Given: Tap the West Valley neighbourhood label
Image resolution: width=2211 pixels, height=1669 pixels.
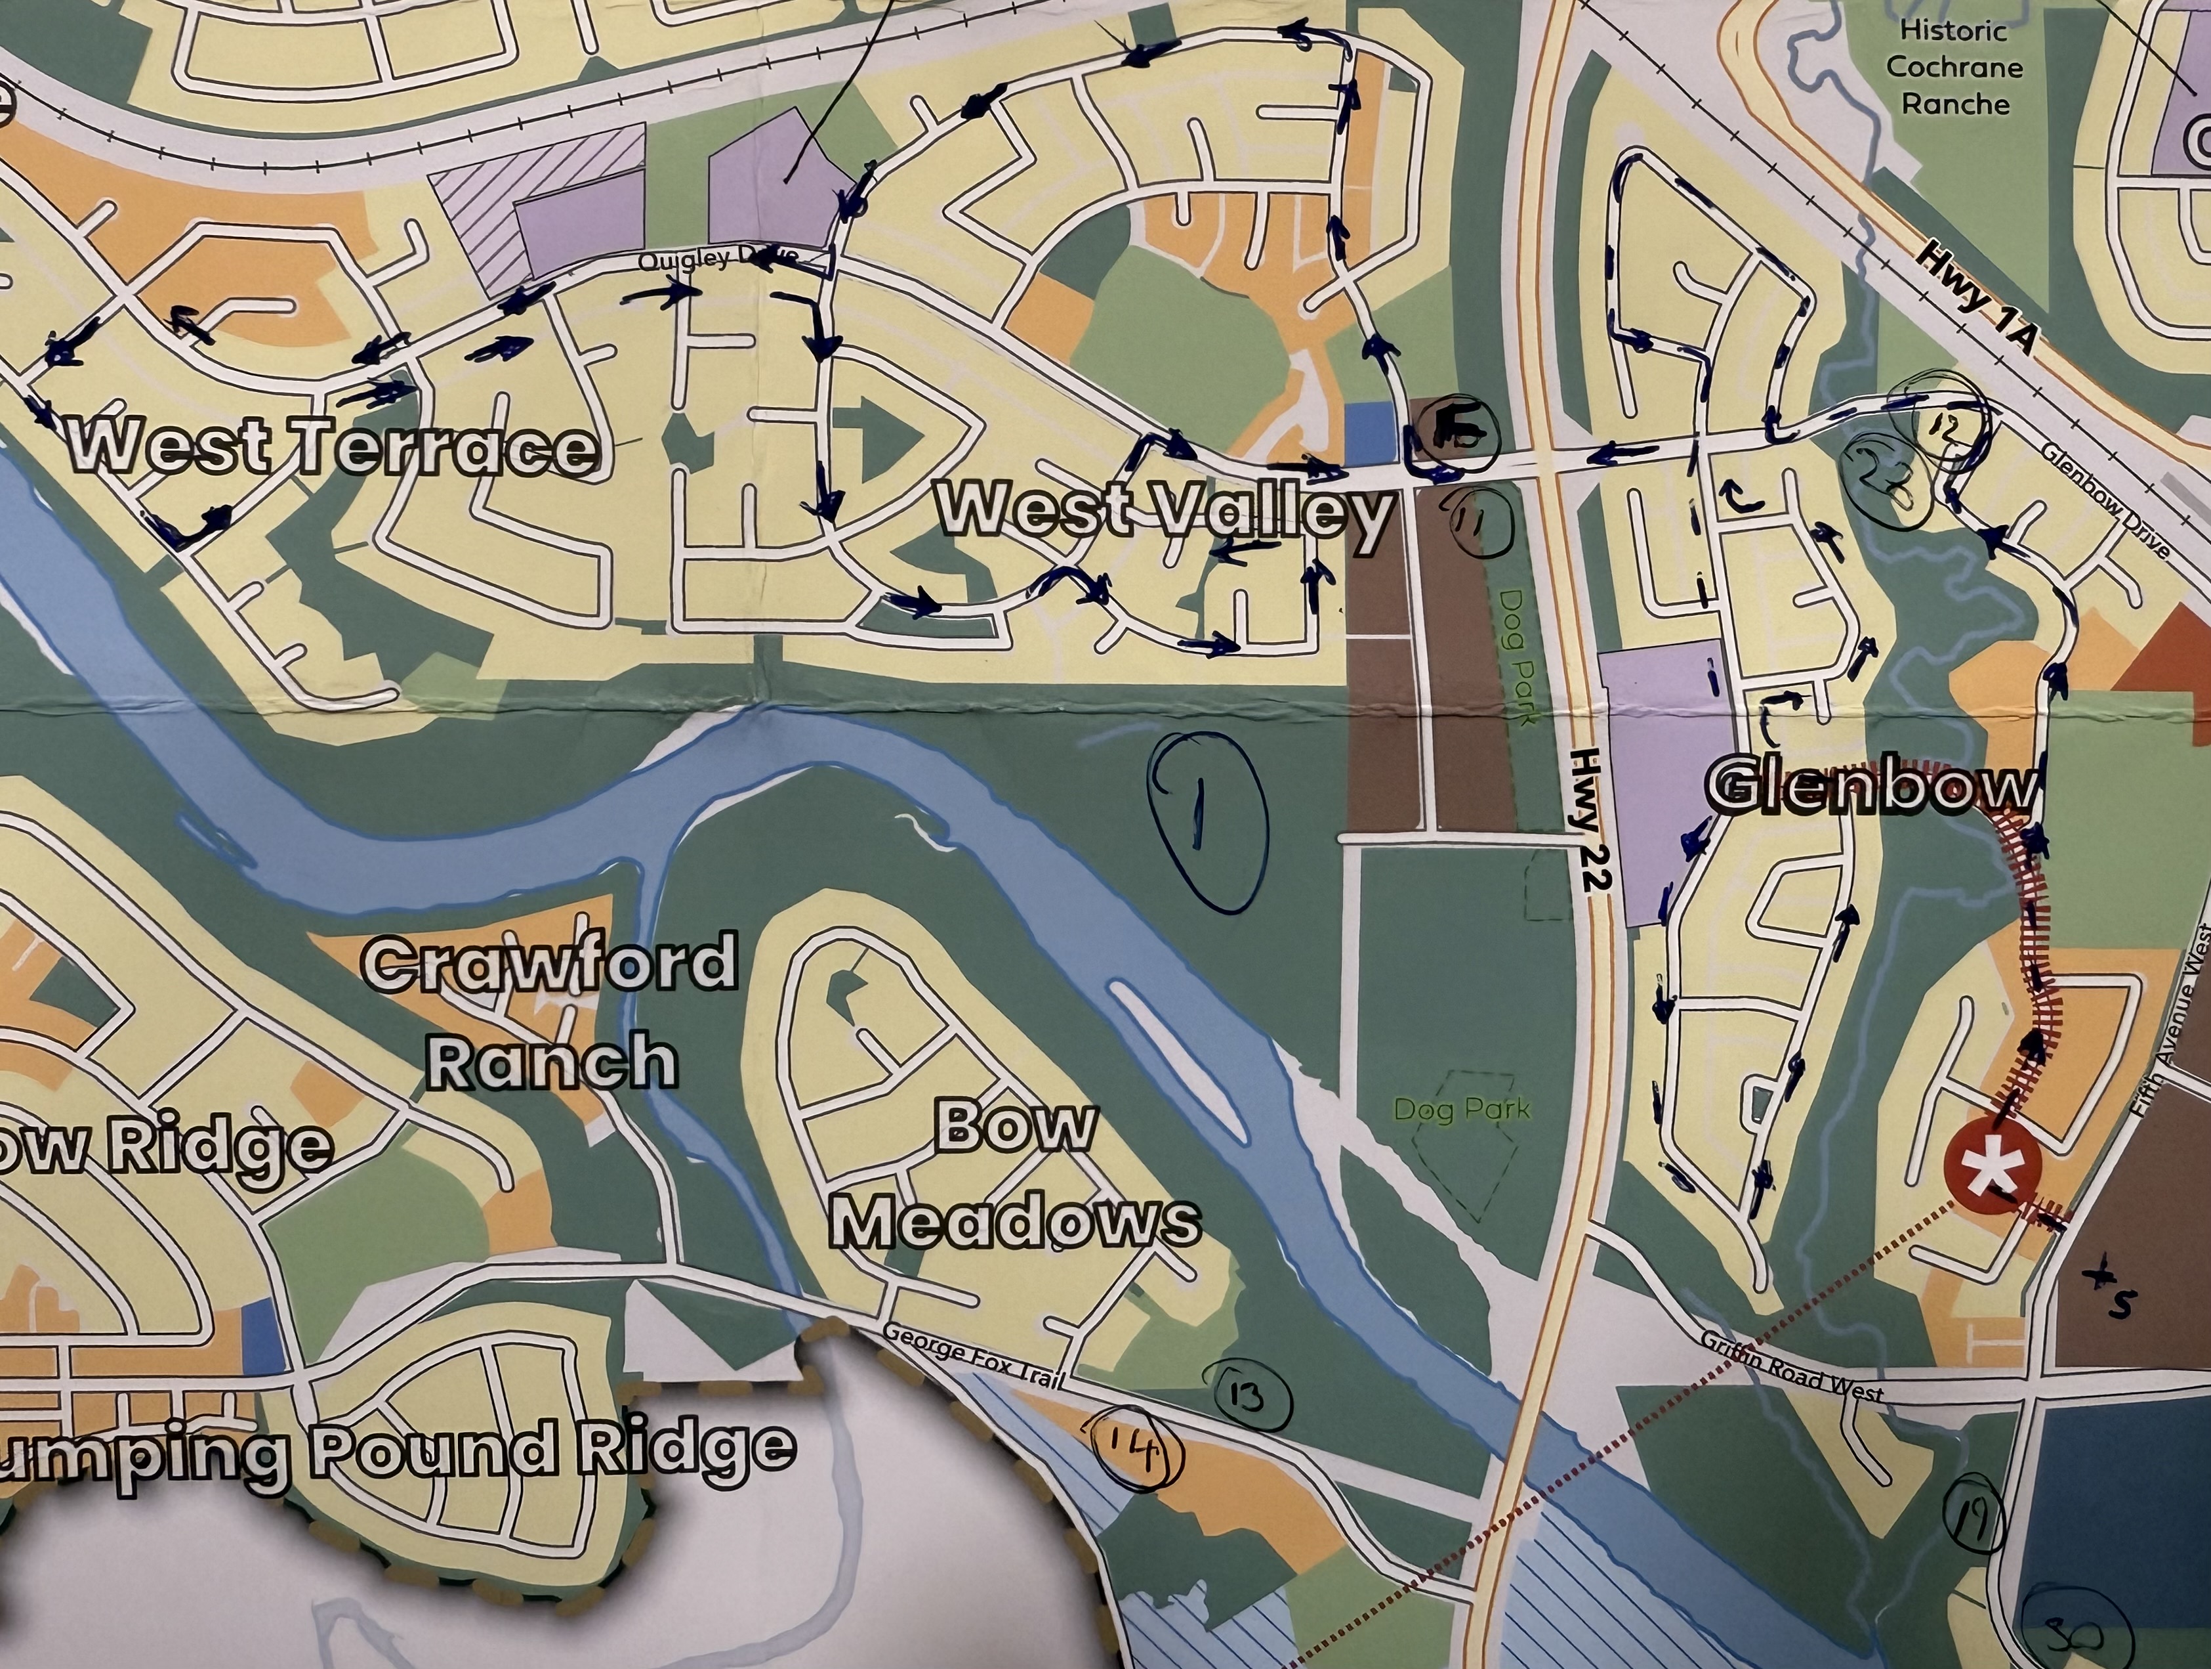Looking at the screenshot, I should point(1165,511).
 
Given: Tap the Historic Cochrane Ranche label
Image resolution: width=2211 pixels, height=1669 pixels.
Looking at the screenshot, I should point(1954,67).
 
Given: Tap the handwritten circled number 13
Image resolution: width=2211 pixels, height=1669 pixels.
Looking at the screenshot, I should point(1245,1396).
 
